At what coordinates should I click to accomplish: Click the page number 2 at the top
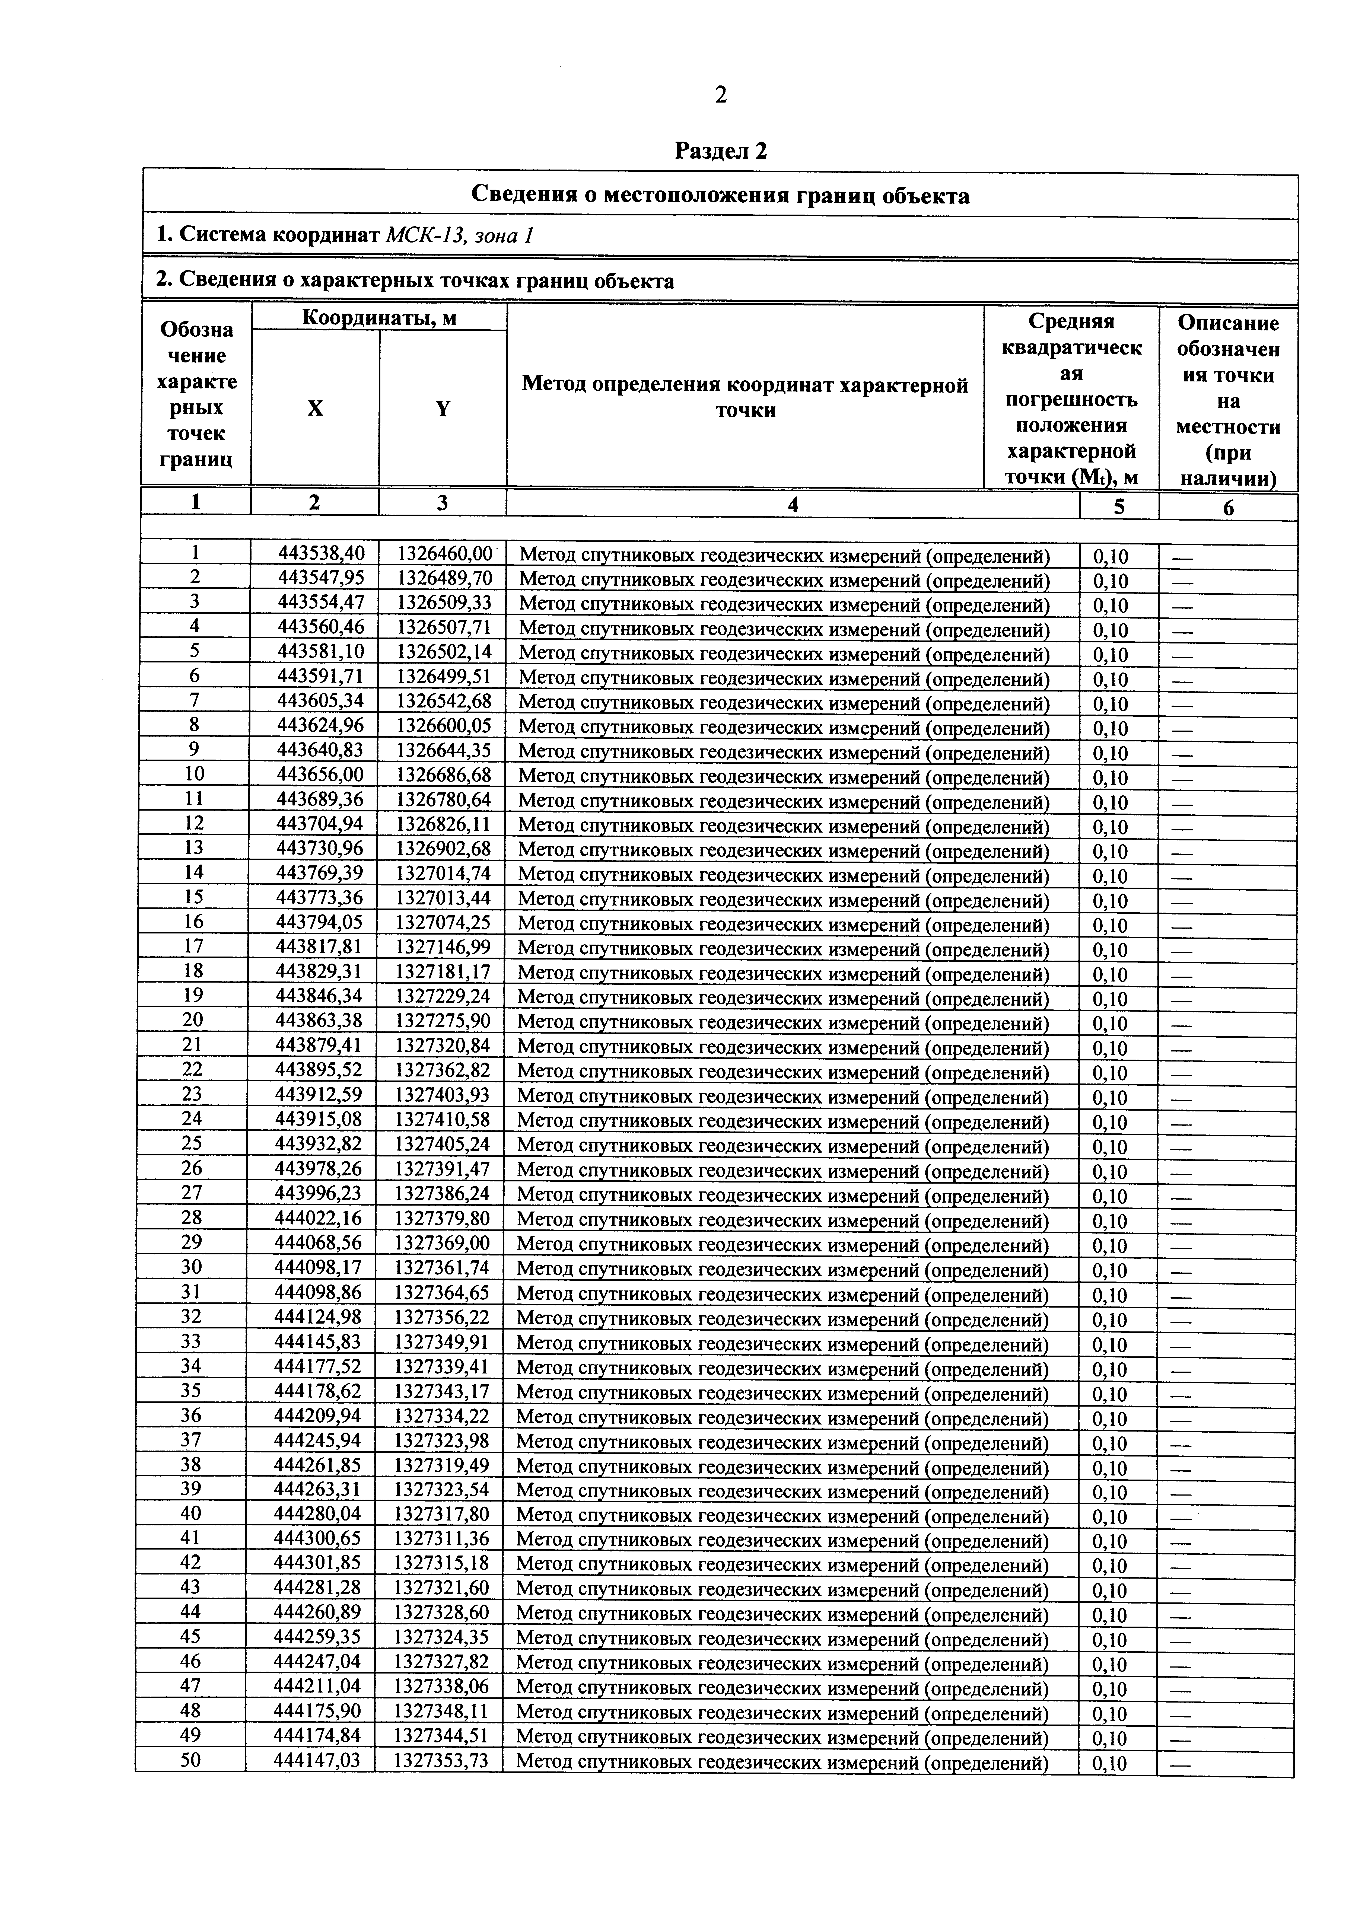tap(720, 95)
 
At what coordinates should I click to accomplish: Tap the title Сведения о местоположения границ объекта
tap(720, 196)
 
